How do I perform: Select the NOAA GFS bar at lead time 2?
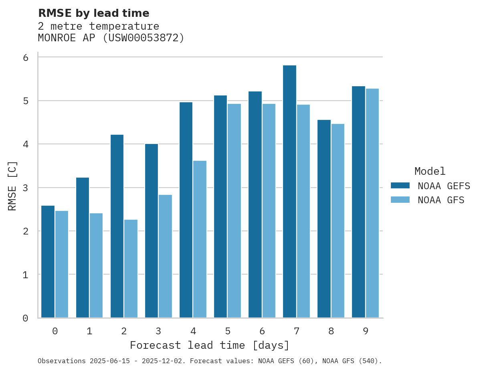tap(131, 269)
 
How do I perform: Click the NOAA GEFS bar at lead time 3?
tap(152, 230)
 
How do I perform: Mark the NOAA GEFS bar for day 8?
tap(324, 219)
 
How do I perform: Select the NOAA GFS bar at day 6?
tap(269, 211)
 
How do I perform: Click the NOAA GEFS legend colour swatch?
tap(400, 185)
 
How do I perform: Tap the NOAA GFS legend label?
tap(441, 200)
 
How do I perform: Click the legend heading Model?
tap(430, 171)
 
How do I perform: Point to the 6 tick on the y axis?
tap(25, 57)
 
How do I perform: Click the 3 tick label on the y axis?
tap(25, 188)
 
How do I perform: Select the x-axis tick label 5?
tap(228, 331)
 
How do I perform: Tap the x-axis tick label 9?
tap(366, 331)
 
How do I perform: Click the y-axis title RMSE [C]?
tap(12, 186)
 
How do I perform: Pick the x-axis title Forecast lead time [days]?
tap(209, 345)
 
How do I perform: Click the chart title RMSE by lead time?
tap(93, 13)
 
